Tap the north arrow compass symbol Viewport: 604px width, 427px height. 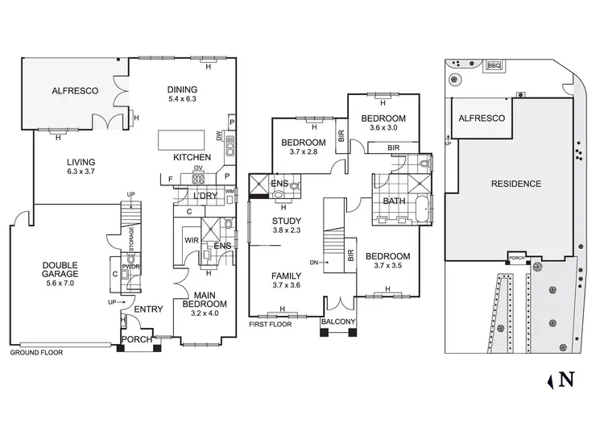click(x=565, y=378)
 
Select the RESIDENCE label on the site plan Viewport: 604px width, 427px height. click(x=516, y=184)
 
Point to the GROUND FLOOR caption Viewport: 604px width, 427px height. click(x=36, y=352)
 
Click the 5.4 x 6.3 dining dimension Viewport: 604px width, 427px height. click(x=181, y=99)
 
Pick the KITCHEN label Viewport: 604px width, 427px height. click(x=192, y=157)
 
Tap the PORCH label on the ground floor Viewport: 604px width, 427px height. click(x=137, y=340)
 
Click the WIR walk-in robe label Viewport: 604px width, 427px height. click(x=191, y=240)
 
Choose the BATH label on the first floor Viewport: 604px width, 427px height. click(x=394, y=201)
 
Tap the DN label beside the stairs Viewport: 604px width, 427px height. click(x=315, y=263)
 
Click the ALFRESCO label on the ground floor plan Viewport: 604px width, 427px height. click(x=74, y=91)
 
